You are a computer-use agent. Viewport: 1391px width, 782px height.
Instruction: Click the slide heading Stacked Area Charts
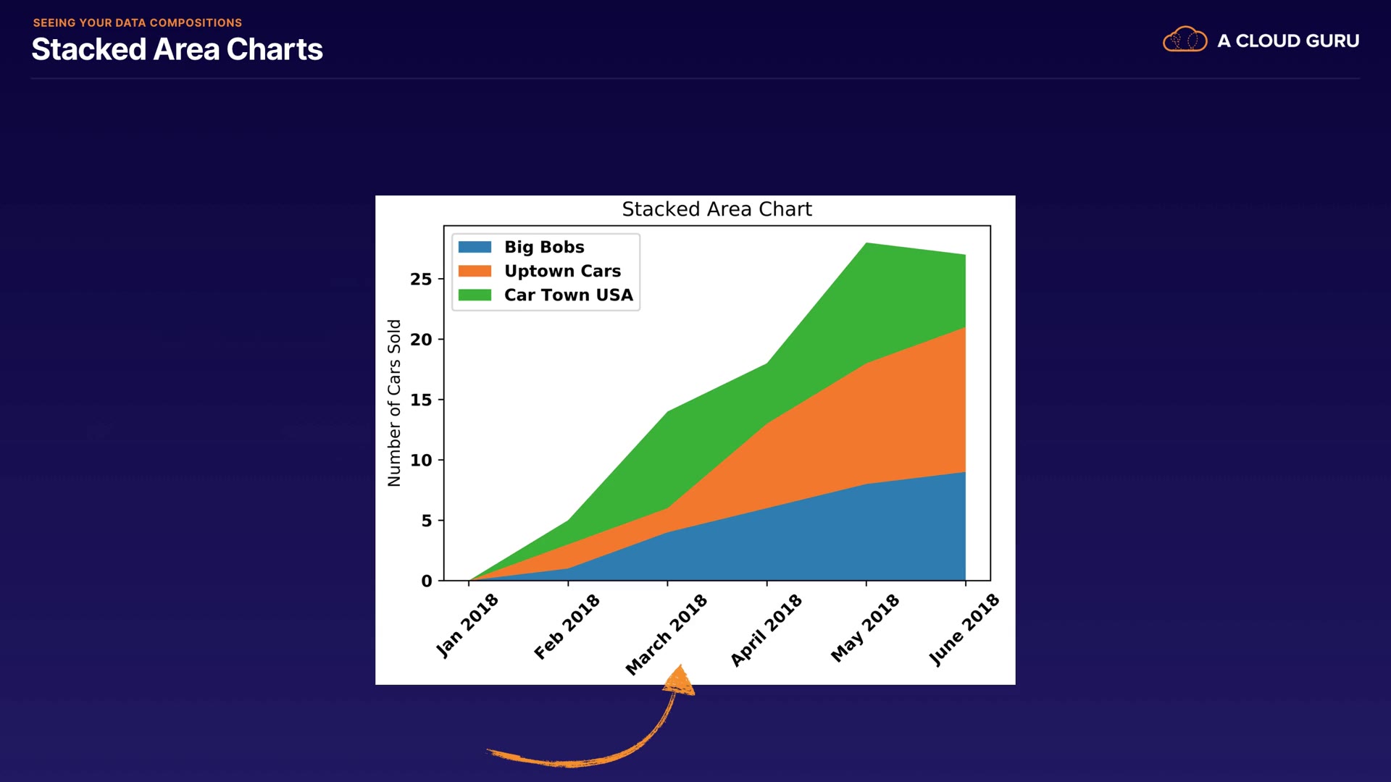[x=177, y=49]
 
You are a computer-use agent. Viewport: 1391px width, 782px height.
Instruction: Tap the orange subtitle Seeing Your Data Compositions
[x=138, y=22]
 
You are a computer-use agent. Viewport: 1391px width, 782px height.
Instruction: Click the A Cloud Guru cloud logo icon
[x=1185, y=40]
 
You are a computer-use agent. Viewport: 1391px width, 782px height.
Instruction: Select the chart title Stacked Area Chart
[x=717, y=209]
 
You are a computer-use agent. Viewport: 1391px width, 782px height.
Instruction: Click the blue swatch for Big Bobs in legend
[x=475, y=247]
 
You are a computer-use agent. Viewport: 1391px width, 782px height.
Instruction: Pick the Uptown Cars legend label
[x=562, y=271]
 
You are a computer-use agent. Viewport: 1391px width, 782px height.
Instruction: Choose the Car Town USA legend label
[x=568, y=295]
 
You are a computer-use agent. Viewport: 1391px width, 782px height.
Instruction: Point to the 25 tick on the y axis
[x=421, y=279]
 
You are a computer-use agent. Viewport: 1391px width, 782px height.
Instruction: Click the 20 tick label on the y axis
[x=421, y=339]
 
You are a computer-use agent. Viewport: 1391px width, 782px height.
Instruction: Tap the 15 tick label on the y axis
[x=421, y=400]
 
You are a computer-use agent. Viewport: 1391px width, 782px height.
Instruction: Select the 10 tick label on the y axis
[x=421, y=460]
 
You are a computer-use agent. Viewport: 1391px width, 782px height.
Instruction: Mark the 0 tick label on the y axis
[x=426, y=581]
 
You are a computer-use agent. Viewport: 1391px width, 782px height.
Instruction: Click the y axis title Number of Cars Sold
[x=394, y=403]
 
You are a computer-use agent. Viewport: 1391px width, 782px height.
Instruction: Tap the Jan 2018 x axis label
[x=467, y=625]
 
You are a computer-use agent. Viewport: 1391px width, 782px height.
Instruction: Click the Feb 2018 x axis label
[x=567, y=626]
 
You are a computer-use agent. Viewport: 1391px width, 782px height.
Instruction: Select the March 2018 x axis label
[x=666, y=634]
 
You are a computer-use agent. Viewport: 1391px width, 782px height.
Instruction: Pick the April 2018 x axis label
[x=766, y=629]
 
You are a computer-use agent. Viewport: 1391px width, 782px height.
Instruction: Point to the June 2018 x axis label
[x=964, y=629]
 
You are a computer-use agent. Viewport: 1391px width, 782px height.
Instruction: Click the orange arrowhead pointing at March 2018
[x=680, y=681]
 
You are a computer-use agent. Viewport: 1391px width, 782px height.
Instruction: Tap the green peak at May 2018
[x=866, y=246]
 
